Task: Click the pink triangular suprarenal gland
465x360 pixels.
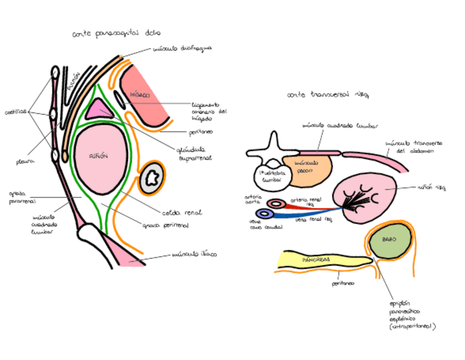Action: (x=99, y=109)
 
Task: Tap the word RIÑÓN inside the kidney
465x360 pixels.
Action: (x=98, y=156)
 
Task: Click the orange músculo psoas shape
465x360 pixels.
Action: (x=308, y=167)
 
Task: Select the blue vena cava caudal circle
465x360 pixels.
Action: (x=265, y=214)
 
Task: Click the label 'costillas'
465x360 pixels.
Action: (x=16, y=113)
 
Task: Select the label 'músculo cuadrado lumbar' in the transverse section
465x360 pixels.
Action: (x=340, y=125)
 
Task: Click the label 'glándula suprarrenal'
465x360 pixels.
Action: (x=194, y=153)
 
